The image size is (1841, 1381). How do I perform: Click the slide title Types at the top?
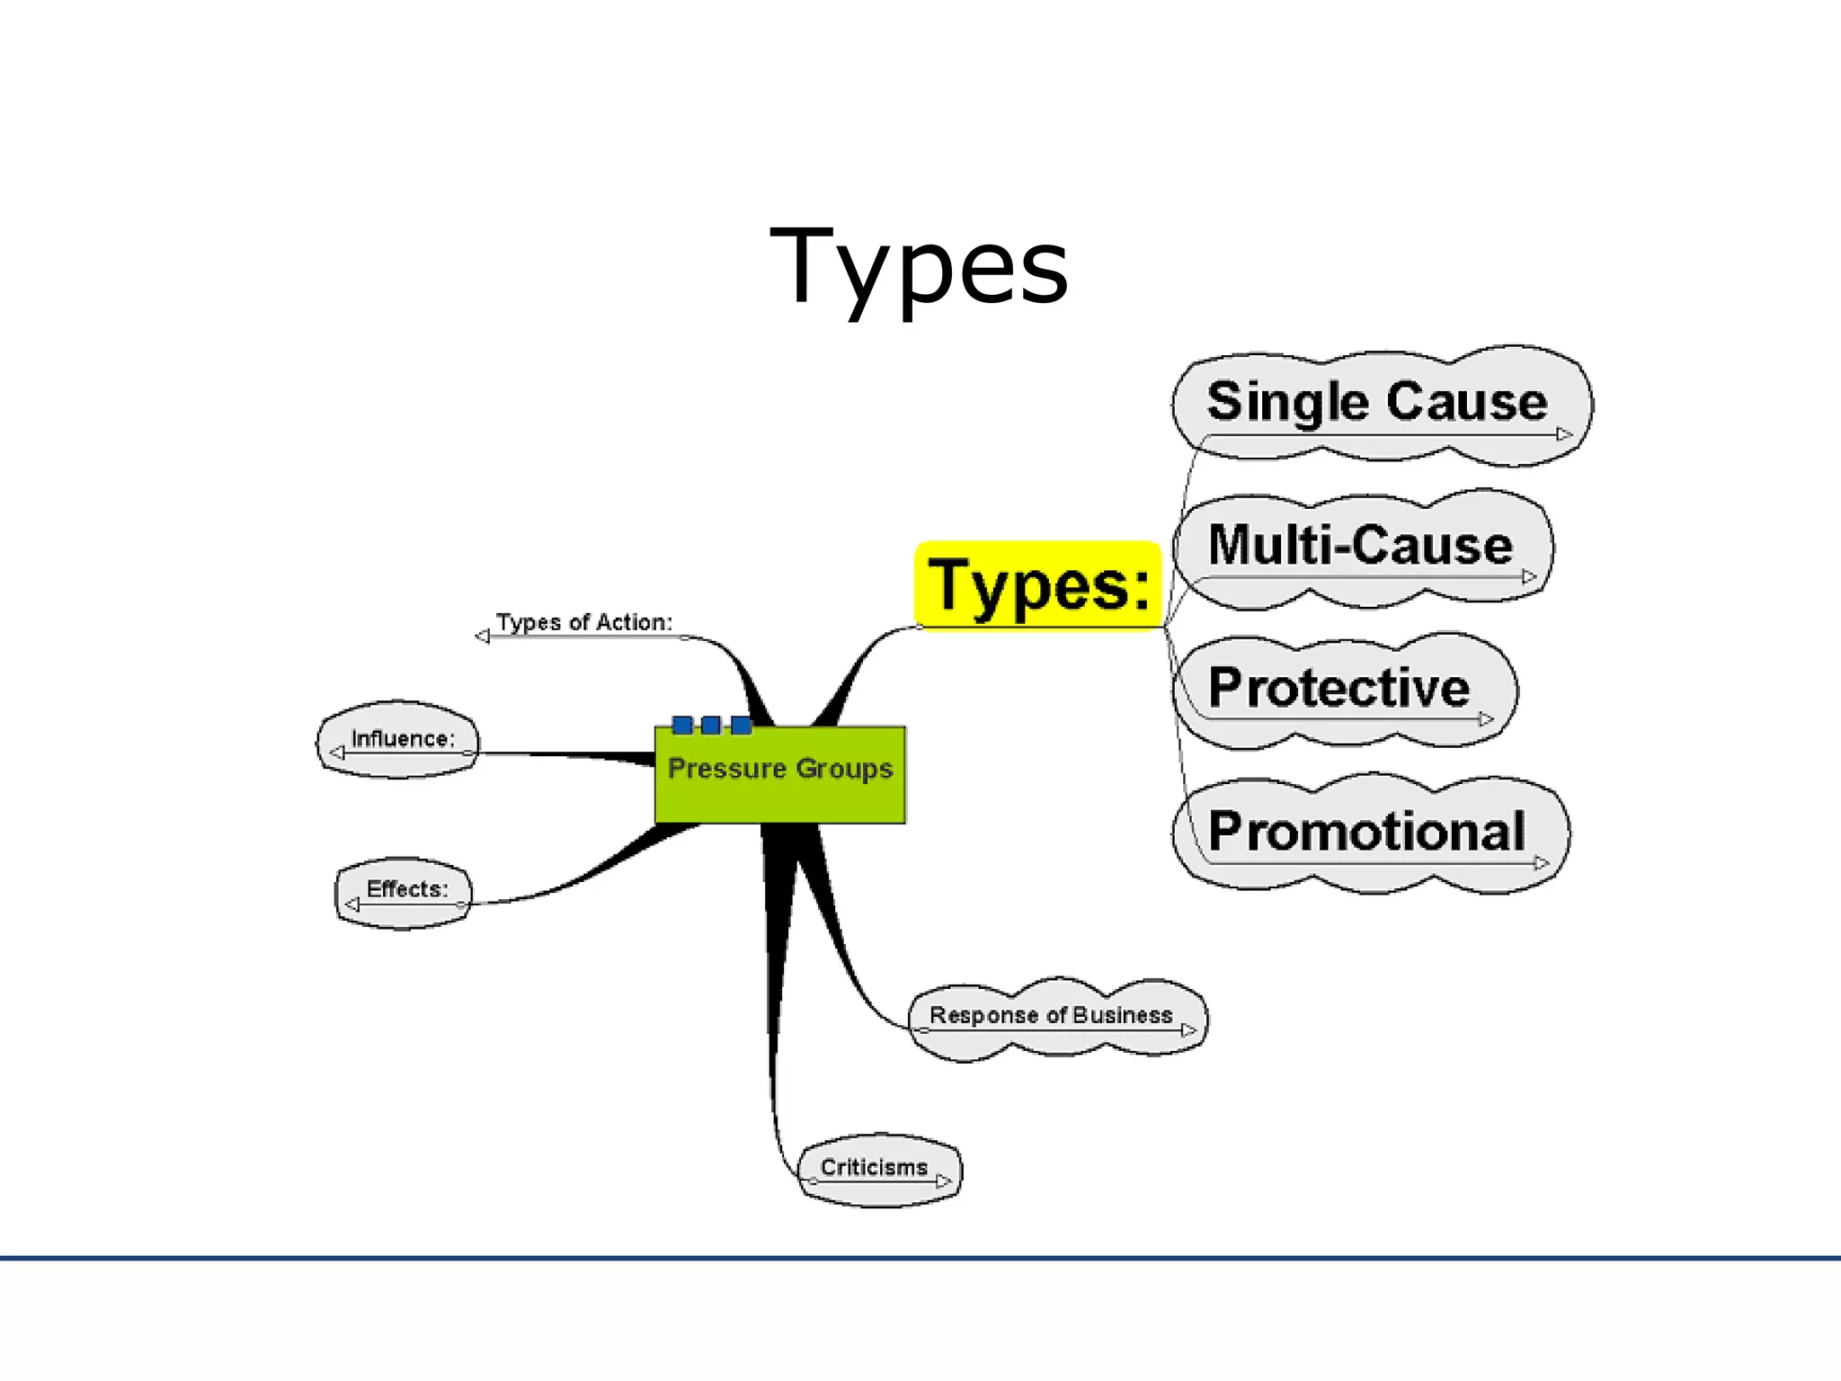click(919, 267)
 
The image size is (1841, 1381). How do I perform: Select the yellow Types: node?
click(1038, 585)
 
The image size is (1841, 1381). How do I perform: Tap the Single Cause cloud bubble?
click(1380, 405)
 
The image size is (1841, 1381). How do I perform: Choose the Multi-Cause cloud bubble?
click(1361, 548)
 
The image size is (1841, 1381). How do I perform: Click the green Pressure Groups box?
click(779, 774)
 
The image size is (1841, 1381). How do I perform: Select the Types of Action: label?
click(584, 622)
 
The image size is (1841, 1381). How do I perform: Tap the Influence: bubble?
click(401, 739)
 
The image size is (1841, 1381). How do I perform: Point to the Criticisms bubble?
click(877, 1169)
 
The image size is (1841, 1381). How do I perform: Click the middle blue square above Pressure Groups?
click(711, 725)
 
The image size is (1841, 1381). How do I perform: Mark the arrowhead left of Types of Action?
click(483, 637)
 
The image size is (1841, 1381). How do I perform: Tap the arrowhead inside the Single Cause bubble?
click(1564, 434)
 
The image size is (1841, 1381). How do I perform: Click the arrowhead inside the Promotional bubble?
click(1542, 863)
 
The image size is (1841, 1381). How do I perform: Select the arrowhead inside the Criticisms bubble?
click(943, 1181)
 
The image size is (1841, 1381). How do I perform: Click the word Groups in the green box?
click(844, 770)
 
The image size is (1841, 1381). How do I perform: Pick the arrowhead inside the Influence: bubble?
click(337, 753)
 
